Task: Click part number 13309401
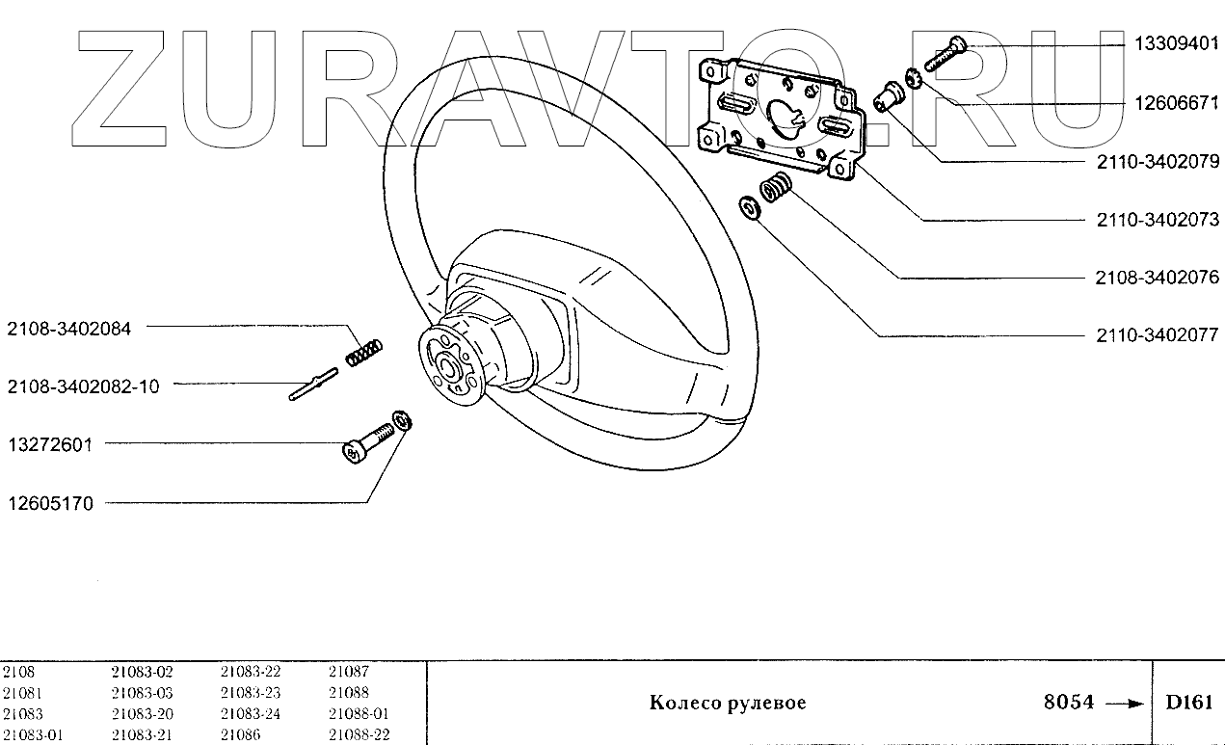(x=1174, y=44)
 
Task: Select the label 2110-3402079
(x=1158, y=161)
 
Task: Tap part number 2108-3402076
(x=1158, y=278)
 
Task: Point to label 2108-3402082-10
(x=83, y=386)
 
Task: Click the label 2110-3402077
(x=1158, y=335)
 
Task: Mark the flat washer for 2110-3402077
(x=748, y=208)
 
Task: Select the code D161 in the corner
(x=1188, y=703)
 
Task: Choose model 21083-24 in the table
(x=250, y=714)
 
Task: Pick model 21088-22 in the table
(x=358, y=735)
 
